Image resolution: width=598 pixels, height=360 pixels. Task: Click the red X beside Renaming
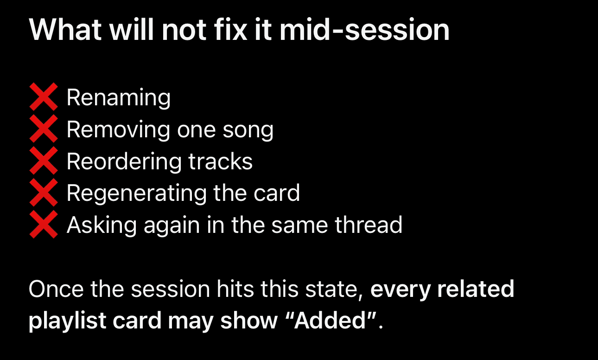[44, 96]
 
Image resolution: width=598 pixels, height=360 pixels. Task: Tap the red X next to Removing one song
[44, 129]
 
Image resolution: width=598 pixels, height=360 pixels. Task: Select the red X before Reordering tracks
[44, 161]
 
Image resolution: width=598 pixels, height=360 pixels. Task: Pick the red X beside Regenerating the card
[44, 193]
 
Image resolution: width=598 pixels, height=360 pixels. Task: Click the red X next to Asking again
[44, 224]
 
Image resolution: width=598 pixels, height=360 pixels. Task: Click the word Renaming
[119, 98]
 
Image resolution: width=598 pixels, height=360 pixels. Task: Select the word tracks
[221, 161]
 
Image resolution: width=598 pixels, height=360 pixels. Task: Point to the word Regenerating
[136, 193]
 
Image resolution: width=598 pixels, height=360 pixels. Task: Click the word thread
[369, 225]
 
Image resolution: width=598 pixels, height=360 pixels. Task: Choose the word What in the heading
[65, 29]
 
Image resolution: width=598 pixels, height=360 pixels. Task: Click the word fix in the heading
[230, 29]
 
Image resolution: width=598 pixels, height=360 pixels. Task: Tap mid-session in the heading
[364, 29]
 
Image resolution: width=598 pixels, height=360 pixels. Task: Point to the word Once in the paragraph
[56, 289]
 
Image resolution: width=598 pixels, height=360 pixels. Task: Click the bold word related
[476, 289]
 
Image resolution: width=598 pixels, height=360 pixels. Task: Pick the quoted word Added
[330, 320]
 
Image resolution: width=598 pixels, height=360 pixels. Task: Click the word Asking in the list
[102, 226]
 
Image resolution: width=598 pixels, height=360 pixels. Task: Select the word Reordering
[124, 162]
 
